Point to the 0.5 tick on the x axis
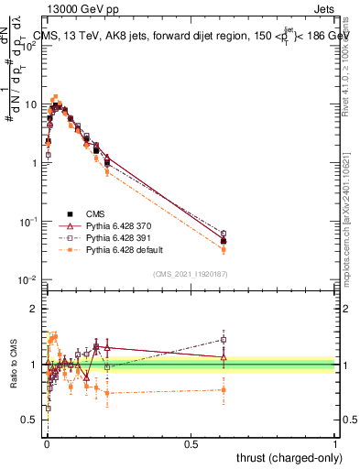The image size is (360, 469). pyautogui.click(x=191, y=442)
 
